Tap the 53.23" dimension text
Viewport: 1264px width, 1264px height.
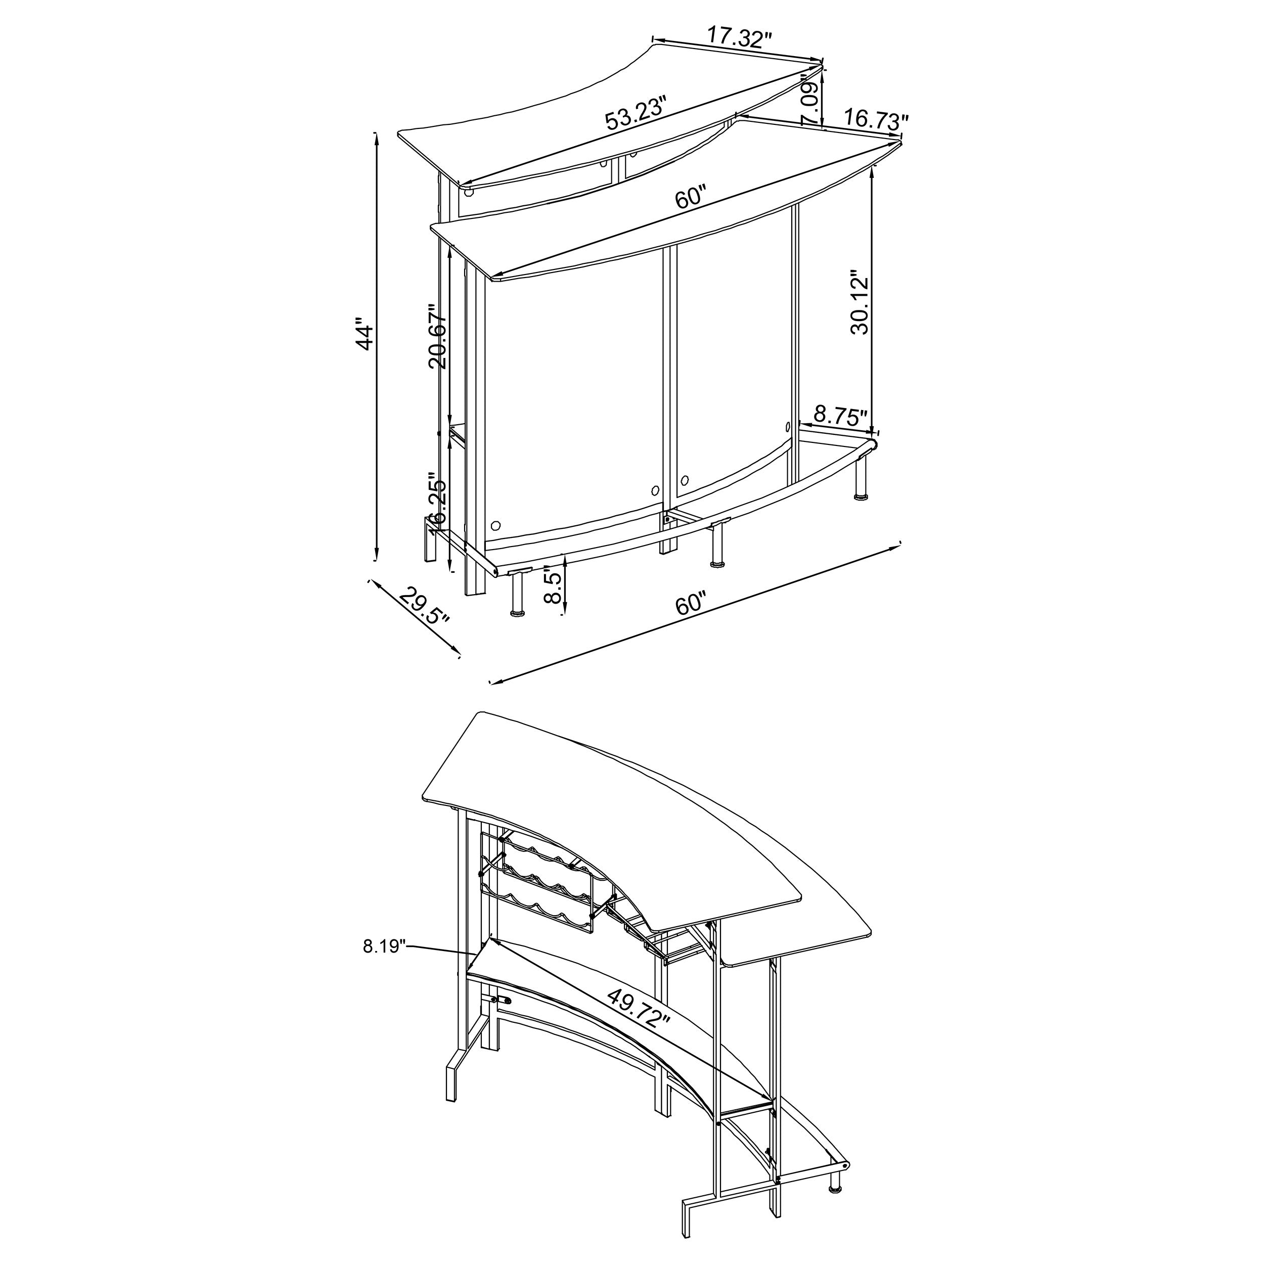tap(635, 113)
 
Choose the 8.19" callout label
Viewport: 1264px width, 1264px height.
tap(385, 946)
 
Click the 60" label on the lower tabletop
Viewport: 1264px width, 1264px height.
tap(691, 198)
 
